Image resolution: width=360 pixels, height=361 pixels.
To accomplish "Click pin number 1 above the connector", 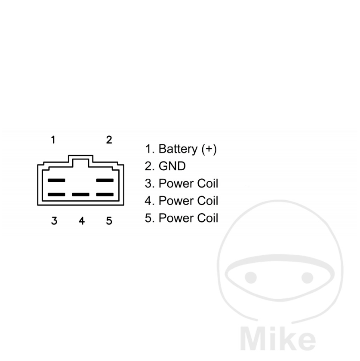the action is click(x=53, y=140).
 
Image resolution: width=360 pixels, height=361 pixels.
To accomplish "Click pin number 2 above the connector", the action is click(x=109, y=140).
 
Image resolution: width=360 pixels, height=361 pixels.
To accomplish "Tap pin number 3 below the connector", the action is click(x=54, y=221).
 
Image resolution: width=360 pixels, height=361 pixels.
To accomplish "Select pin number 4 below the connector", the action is click(x=82, y=221).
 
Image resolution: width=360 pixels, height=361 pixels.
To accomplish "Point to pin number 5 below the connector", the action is click(x=109, y=221).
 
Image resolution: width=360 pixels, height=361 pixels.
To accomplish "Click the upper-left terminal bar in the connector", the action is click(x=56, y=180).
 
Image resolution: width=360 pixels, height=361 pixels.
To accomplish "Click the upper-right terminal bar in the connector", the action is click(x=105, y=180).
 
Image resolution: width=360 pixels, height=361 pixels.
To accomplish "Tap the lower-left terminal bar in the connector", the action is click(x=56, y=195).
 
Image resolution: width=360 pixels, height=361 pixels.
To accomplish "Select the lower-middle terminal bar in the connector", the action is click(x=81, y=195).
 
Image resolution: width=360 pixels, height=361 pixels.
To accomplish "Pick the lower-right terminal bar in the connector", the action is click(x=105, y=195).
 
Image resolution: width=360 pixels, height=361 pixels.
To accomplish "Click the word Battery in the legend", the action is click(x=178, y=149).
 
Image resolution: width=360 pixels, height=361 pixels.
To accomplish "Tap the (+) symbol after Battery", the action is click(x=209, y=149).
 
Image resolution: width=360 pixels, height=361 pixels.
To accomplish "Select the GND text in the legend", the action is click(x=172, y=166).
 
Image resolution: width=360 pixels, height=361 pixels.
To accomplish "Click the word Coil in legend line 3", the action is click(x=208, y=184).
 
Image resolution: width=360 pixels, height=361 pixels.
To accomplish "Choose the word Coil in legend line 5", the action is click(x=208, y=218).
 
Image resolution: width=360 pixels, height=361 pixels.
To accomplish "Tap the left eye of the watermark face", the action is click(x=251, y=278).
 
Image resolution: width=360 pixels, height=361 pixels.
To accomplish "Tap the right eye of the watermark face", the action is click(x=307, y=278).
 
